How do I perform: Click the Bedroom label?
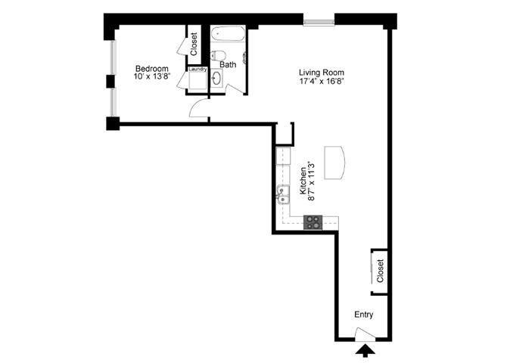tap(151, 67)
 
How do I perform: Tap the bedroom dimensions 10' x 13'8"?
tap(151, 76)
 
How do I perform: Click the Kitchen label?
tap(303, 181)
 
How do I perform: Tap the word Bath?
tap(228, 65)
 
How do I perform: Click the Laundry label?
tap(198, 70)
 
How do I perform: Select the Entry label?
tap(363, 315)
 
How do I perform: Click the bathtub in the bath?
tap(228, 35)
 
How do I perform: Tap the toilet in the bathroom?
tap(219, 54)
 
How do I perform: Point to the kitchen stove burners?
tap(313, 222)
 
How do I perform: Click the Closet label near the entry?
tap(380, 268)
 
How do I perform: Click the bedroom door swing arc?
tap(198, 110)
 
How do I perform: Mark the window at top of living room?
tap(318, 20)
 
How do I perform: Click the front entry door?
tap(364, 333)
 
